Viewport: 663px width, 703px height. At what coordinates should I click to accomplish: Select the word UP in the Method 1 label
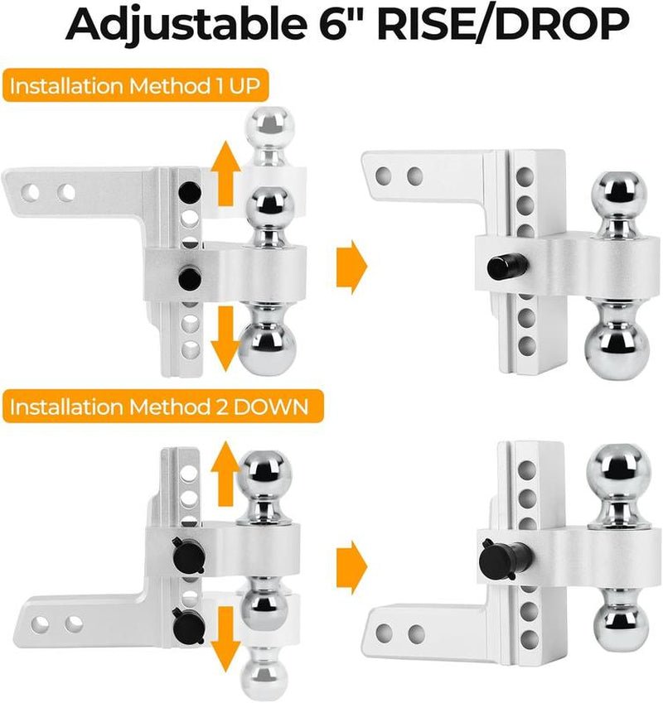262,88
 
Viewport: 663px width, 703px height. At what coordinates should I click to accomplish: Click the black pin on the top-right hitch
501,267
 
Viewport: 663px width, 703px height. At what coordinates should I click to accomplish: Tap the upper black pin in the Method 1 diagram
190,191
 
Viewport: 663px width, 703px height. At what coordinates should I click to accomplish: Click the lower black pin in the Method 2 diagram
182,618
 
